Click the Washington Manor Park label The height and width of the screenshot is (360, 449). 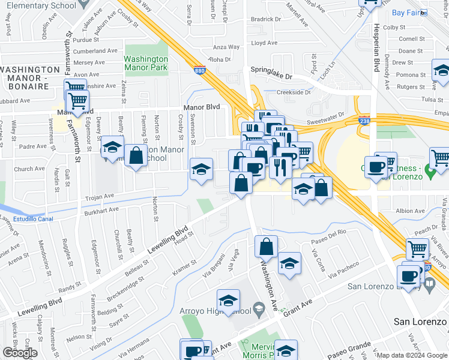(x=146, y=64)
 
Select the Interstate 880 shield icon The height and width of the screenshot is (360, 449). (x=200, y=70)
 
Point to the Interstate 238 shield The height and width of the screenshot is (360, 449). (x=364, y=121)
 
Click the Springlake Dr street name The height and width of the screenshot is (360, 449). (x=271, y=77)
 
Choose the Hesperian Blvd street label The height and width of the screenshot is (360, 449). (x=376, y=45)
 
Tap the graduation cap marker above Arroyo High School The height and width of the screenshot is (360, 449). (x=228, y=300)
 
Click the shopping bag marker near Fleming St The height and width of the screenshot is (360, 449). (x=136, y=155)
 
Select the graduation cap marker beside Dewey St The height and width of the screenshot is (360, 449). (x=112, y=147)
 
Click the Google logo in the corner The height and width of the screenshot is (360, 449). (x=20, y=353)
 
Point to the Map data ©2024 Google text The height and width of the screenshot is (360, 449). (x=412, y=355)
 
